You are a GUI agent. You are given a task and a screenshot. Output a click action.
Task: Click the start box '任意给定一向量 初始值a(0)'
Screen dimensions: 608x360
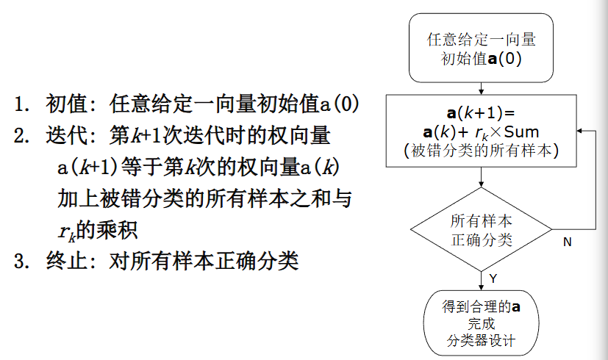click(x=481, y=48)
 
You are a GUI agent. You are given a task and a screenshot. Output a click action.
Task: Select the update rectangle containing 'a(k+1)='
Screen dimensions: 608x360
click(x=481, y=132)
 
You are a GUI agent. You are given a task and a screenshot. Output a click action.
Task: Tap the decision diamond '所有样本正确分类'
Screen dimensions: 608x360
click(x=481, y=230)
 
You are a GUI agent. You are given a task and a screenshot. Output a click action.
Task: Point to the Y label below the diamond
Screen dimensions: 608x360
click(x=493, y=278)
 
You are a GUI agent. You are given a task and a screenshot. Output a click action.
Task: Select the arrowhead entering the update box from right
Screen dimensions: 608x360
click(x=580, y=131)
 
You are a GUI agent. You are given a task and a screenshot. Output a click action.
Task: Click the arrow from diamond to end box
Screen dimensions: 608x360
click(x=481, y=278)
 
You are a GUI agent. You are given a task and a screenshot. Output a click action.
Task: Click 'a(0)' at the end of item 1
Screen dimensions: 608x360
click(x=339, y=104)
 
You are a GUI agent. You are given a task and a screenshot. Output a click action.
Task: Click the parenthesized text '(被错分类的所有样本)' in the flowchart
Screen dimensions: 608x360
click(x=482, y=150)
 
